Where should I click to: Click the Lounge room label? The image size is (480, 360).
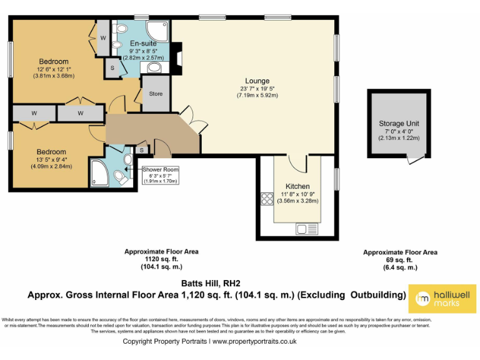coord(257,81)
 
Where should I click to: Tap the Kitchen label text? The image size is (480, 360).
coord(297,186)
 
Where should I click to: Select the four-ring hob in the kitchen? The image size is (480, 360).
coord(267,199)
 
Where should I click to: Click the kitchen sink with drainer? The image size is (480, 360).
coord(307,229)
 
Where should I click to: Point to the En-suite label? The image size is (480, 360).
coord(143,42)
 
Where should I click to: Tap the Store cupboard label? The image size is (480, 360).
coord(156,94)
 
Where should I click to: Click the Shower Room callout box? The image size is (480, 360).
coord(161,175)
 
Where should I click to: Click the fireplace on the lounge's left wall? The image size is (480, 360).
coord(178,57)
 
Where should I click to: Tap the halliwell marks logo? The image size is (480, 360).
coord(443,298)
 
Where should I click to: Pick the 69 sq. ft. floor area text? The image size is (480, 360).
coord(400,259)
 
